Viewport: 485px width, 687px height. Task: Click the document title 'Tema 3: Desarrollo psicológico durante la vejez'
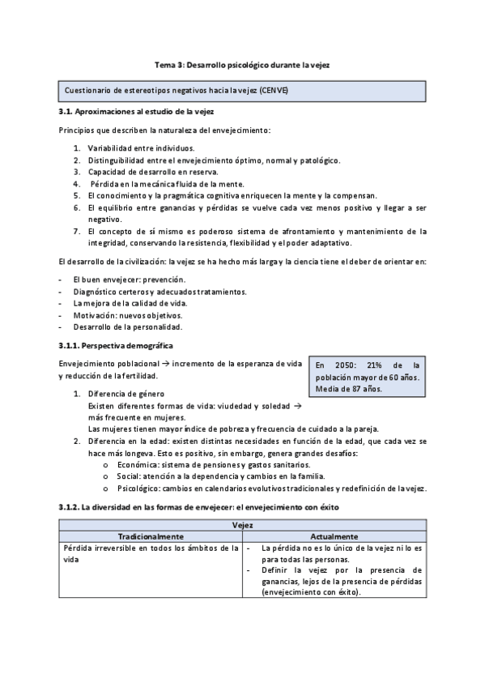[242, 63]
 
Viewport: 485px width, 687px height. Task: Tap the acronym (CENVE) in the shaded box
[273, 90]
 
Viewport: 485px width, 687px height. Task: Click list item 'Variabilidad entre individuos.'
[141, 148]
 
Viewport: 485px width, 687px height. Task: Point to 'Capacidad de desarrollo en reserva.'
[154, 172]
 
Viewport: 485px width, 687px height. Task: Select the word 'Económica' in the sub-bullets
[138, 465]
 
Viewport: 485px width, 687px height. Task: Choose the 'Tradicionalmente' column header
[151, 537]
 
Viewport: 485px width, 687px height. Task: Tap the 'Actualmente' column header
[334, 537]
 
